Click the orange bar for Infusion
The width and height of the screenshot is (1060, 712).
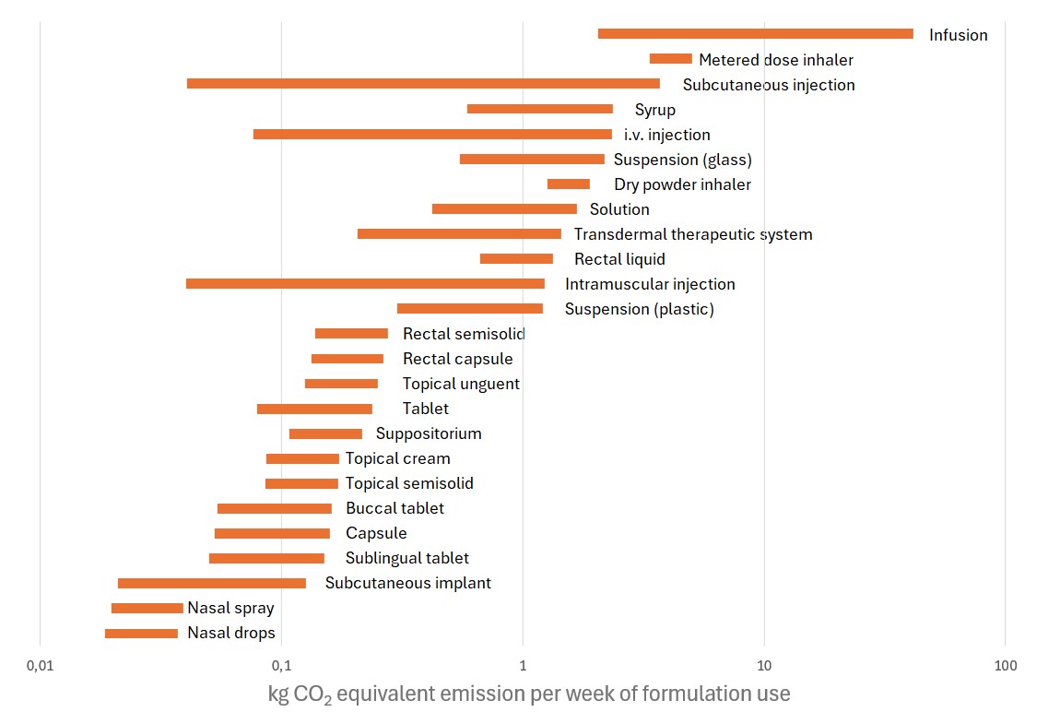coord(755,34)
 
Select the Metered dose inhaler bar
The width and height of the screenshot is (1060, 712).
coord(670,59)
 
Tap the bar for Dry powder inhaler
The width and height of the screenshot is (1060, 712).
coord(568,184)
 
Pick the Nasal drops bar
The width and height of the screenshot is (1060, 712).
coord(141,634)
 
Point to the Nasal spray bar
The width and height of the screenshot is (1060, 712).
coord(147,608)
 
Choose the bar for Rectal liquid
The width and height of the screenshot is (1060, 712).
coord(516,259)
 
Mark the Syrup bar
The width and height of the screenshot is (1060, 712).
coord(539,109)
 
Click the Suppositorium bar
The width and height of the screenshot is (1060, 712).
coord(325,433)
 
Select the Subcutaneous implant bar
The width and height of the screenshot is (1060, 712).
coord(211,583)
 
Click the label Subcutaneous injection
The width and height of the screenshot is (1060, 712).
coord(769,85)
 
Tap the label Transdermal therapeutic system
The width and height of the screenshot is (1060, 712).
coord(693,234)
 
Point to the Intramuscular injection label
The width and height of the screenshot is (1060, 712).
coord(650,284)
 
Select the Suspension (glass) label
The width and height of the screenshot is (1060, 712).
coord(683,160)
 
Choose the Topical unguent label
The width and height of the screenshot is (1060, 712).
coord(461,384)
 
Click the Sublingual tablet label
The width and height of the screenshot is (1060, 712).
coord(406,558)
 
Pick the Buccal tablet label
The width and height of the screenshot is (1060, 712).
coord(395,508)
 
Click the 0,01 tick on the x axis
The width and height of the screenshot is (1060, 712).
coord(40,665)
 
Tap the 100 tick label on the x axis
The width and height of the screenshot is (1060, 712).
coord(1005,665)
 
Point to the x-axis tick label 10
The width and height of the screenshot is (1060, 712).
coord(763,665)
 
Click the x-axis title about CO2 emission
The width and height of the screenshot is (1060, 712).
coord(529,693)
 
